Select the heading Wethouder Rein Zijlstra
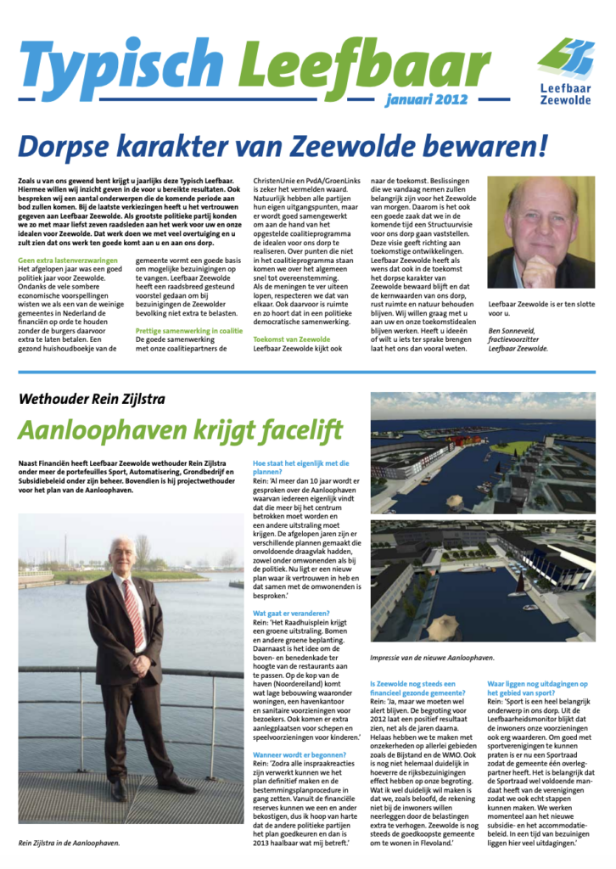tap(92, 400)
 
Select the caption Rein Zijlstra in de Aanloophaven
tap(69, 843)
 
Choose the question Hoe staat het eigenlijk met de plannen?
tap(301, 468)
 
